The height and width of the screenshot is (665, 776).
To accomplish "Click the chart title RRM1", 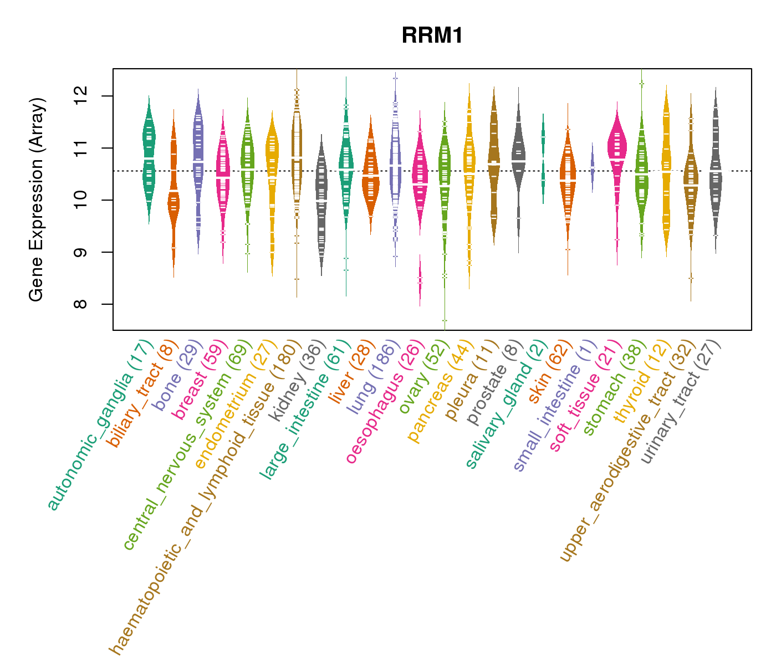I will pyautogui.click(x=432, y=35).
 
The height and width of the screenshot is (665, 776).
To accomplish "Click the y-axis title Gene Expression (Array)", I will pyautogui.click(x=37, y=199).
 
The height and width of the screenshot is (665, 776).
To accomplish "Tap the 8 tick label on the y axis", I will pyautogui.click(x=91, y=304).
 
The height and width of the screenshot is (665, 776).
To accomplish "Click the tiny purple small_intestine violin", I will pyautogui.click(x=592, y=166).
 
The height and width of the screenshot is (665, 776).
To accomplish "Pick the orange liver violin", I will pyautogui.click(x=370, y=177).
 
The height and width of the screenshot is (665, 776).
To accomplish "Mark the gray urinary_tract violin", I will pyautogui.click(x=716, y=177).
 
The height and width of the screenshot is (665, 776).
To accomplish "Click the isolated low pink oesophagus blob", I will pyautogui.click(x=420, y=280).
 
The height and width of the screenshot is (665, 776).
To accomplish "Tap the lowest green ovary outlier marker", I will pyautogui.click(x=445, y=321).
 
